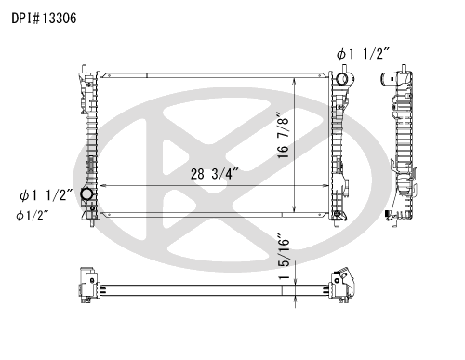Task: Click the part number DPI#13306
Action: tap(44, 19)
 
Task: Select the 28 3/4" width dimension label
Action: tap(215, 174)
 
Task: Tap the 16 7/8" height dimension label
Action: tap(284, 135)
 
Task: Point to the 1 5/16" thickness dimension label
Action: tap(284, 256)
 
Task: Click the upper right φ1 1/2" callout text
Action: tap(363, 54)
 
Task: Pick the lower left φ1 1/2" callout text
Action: tap(46, 195)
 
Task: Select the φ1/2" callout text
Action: tap(33, 216)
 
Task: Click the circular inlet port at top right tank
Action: tap(342, 79)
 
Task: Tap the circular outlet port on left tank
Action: tap(86, 194)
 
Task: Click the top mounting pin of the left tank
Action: tap(84, 69)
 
